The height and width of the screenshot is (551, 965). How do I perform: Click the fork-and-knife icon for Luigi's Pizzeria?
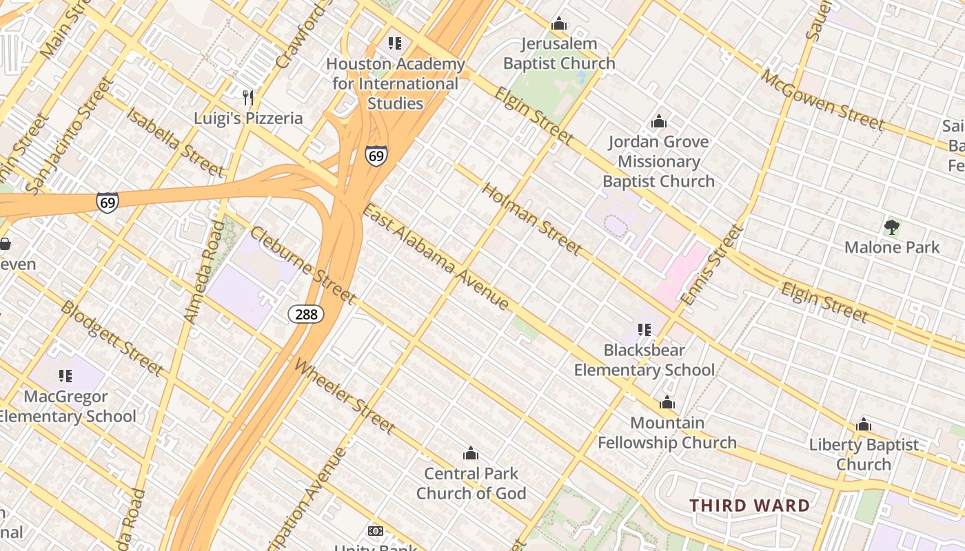click(x=249, y=97)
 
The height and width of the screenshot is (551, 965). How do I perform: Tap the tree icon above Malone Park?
click(x=892, y=227)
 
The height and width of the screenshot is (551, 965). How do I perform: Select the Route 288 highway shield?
click(x=306, y=314)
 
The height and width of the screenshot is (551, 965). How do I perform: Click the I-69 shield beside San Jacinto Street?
click(x=107, y=202)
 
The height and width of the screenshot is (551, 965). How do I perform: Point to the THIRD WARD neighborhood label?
click(x=750, y=506)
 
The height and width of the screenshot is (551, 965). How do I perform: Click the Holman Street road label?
click(x=531, y=218)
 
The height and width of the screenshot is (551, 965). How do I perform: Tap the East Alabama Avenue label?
click(x=436, y=257)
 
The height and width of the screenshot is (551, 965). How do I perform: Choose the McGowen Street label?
click(x=822, y=100)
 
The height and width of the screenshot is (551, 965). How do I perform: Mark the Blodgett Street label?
click(x=112, y=338)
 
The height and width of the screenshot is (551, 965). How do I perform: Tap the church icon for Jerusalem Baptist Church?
click(x=559, y=24)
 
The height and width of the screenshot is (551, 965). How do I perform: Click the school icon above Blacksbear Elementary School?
click(x=644, y=330)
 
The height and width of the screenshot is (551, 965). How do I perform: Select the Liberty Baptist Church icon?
click(x=864, y=425)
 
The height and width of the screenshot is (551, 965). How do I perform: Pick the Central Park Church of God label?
click(x=471, y=484)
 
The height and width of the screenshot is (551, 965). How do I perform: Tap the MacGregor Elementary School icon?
click(x=65, y=376)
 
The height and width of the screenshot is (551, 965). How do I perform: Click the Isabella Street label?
click(x=175, y=142)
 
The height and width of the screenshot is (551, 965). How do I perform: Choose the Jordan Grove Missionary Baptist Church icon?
click(x=659, y=122)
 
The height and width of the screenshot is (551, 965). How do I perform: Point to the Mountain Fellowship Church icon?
click(x=667, y=403)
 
